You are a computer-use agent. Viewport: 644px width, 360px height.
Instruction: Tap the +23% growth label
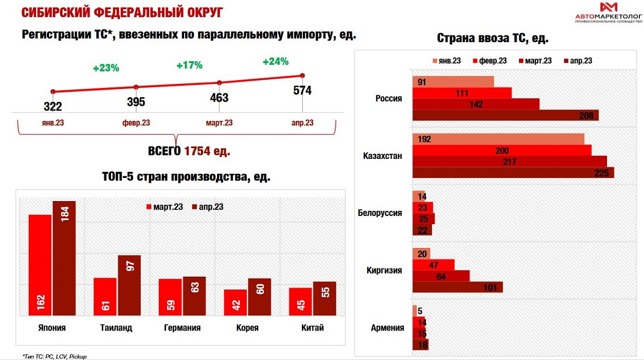106,67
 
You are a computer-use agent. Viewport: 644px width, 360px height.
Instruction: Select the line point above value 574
302,76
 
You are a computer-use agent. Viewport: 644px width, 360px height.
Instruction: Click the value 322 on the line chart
53,106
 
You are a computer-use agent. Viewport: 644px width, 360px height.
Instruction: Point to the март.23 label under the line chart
219,123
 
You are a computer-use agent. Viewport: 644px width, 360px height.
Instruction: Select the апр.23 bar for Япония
64,258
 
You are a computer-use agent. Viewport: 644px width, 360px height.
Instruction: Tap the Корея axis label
247,328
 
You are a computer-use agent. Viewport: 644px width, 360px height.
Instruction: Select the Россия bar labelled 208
505,115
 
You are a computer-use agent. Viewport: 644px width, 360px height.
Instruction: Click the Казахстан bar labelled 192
498,139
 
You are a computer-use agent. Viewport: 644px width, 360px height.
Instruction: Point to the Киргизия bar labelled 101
457,287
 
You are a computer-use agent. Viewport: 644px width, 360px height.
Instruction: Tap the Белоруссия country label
380,213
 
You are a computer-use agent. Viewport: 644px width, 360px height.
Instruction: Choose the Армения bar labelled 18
420,345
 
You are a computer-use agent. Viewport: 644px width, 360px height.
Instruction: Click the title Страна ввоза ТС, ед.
492,38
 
